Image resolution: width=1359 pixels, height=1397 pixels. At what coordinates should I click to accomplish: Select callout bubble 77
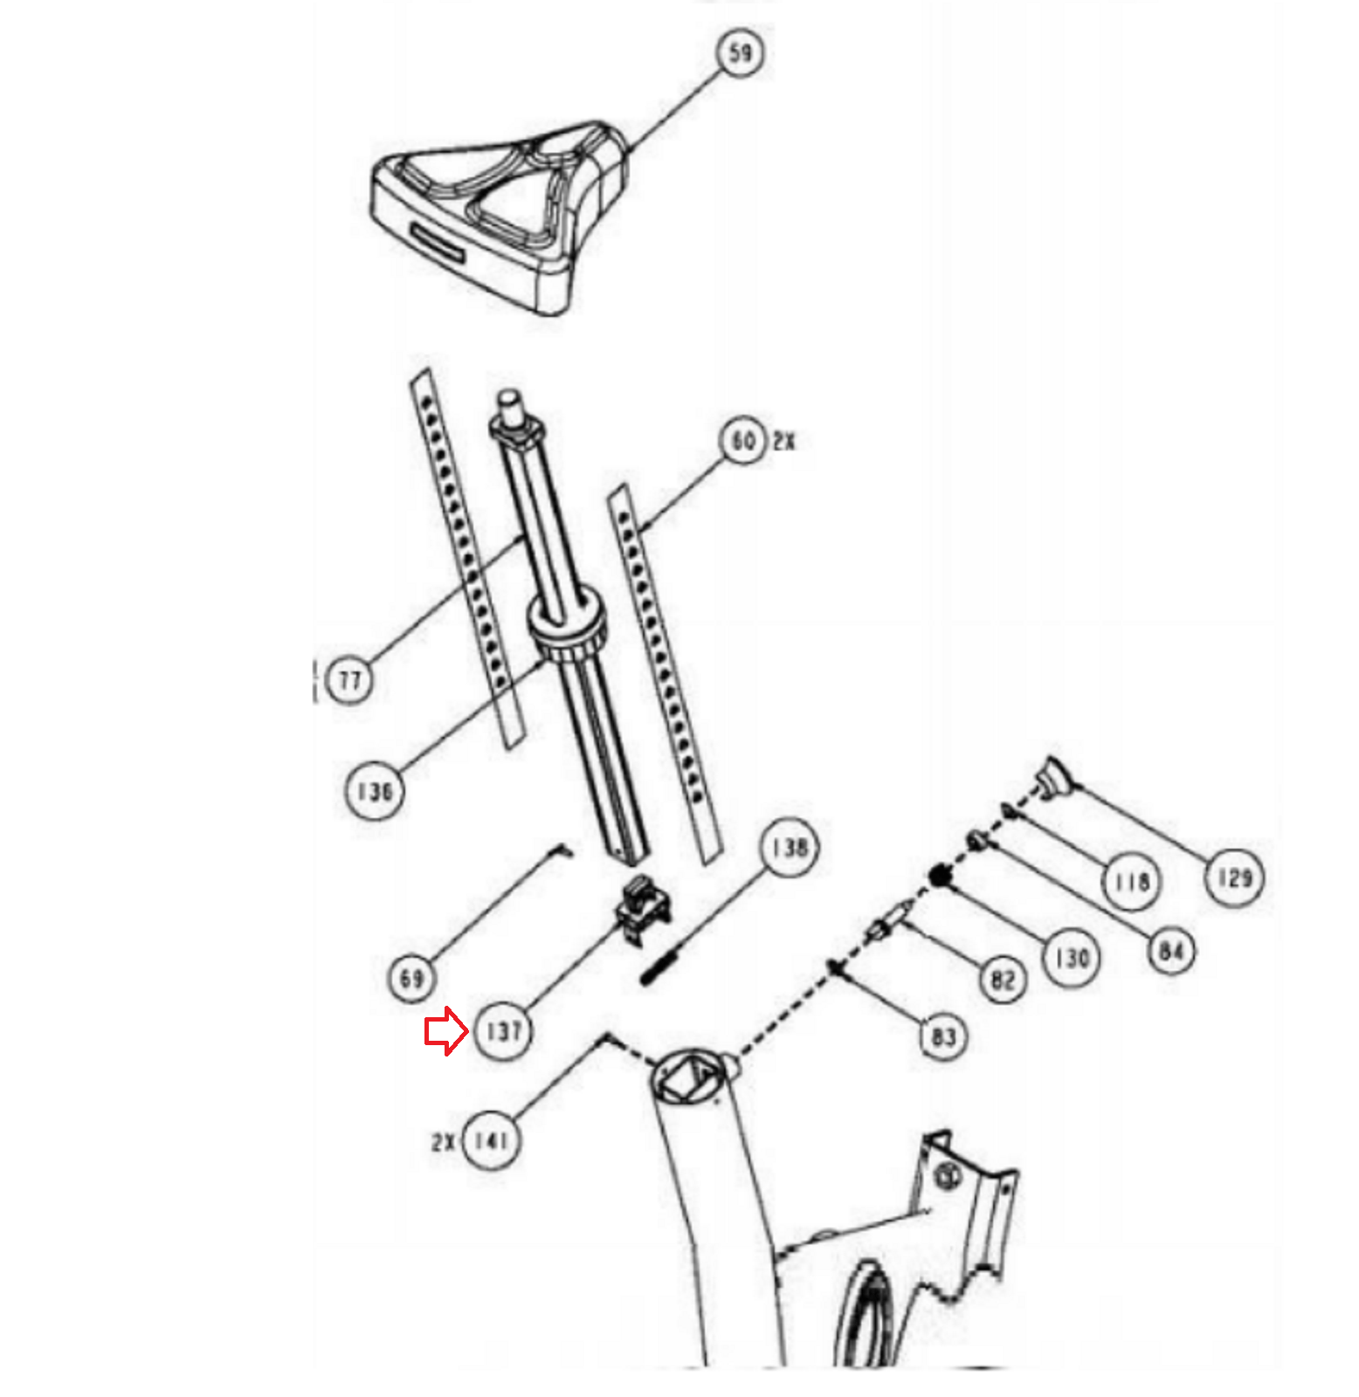click(349, 679)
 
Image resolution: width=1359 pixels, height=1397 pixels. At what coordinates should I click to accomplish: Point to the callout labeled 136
click(375, 791)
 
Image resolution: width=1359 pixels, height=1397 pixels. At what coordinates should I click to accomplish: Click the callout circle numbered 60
click(743, 441)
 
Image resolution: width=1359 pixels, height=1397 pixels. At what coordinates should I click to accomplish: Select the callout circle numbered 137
click(504, 1031)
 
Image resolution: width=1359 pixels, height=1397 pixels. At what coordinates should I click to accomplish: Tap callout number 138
click(790, 847)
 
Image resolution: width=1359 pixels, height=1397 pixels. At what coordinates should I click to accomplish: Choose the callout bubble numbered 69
click(411, 978)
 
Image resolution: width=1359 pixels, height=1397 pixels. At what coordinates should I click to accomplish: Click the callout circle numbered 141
click(491, 1140)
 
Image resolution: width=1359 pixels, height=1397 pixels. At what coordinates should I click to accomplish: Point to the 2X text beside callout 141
click(444, 1141)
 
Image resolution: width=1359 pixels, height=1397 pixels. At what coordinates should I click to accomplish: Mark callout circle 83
click(944, 1036)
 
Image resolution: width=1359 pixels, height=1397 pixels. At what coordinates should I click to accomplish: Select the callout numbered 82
click(1003, 979)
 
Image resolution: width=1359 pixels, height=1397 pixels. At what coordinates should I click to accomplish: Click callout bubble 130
click(1073, 958)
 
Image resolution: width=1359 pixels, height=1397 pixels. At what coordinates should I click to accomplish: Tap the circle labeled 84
click(1171, 950)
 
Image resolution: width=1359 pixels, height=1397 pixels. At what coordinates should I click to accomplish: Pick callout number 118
click(1130, 882)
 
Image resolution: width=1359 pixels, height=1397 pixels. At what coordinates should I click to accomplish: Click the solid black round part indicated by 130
click(940, 874)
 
